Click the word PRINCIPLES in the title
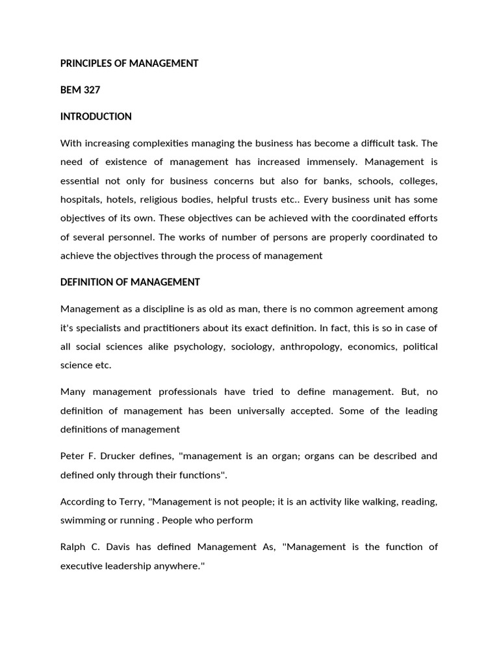(x=87, y=63)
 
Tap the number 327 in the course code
(x=91, y=90)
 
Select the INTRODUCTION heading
(x=96, y=116)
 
